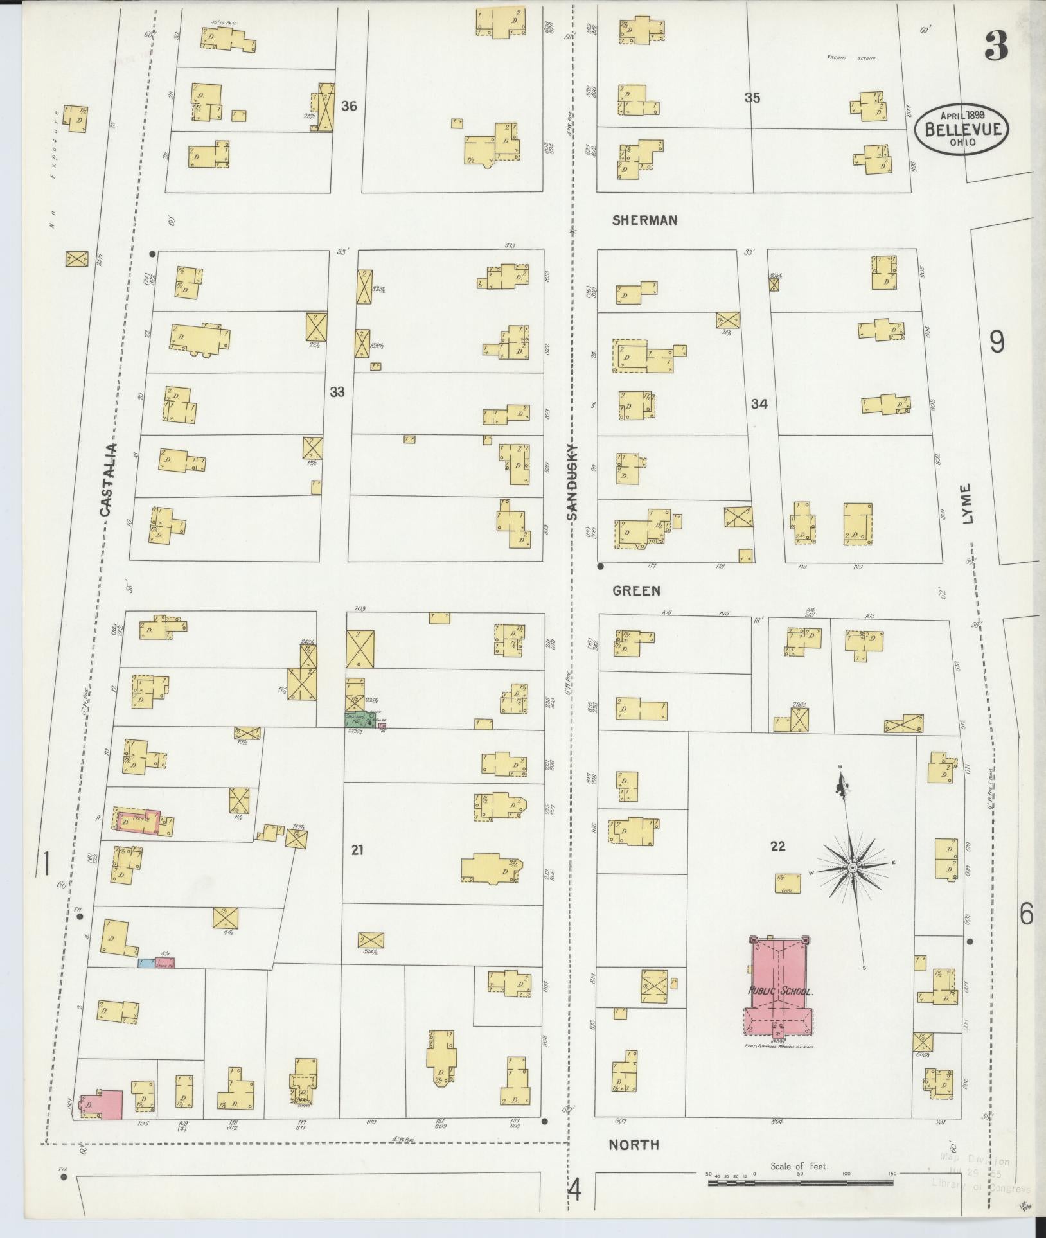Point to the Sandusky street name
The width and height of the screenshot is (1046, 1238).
[572, 482]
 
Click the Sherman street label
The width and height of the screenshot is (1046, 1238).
[644, 220]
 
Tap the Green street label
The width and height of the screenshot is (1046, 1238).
[636, 590]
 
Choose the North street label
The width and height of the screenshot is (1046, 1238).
[634, 1144]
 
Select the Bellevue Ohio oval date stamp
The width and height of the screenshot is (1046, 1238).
[962, 128]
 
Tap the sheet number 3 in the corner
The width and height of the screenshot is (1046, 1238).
[996, 45]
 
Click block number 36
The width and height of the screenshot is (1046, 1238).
[349, 106]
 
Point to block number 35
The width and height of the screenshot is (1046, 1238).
[752, 98]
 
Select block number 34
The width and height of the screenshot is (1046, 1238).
[759, 404]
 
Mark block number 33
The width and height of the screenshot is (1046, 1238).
[337, 392]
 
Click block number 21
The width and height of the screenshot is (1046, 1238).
[357, 850]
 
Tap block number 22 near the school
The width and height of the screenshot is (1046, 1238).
[777, 846]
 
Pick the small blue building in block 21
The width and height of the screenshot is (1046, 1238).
[146, 962]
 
